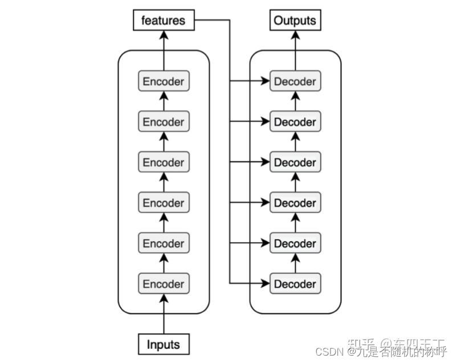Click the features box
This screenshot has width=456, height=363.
164,21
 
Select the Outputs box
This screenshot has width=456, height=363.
295,21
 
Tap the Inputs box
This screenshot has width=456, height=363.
164,344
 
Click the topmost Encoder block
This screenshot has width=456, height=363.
164,81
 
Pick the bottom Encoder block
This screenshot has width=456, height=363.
164,284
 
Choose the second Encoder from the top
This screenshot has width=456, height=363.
164,122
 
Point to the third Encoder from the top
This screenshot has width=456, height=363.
164,162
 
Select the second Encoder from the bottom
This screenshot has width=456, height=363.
164,244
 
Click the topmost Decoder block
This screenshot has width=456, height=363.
295,81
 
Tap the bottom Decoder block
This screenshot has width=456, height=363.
295,284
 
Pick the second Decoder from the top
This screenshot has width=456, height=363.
295,122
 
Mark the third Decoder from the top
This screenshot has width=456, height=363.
295,162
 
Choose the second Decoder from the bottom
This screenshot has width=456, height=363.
295,244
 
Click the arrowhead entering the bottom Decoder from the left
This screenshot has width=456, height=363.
265,283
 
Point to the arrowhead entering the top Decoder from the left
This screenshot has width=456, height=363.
265,81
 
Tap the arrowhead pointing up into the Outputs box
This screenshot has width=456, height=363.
295,35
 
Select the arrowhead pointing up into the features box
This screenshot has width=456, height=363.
164,35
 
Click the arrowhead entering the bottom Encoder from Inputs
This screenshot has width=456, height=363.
164,298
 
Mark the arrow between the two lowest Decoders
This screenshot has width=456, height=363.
295,263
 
